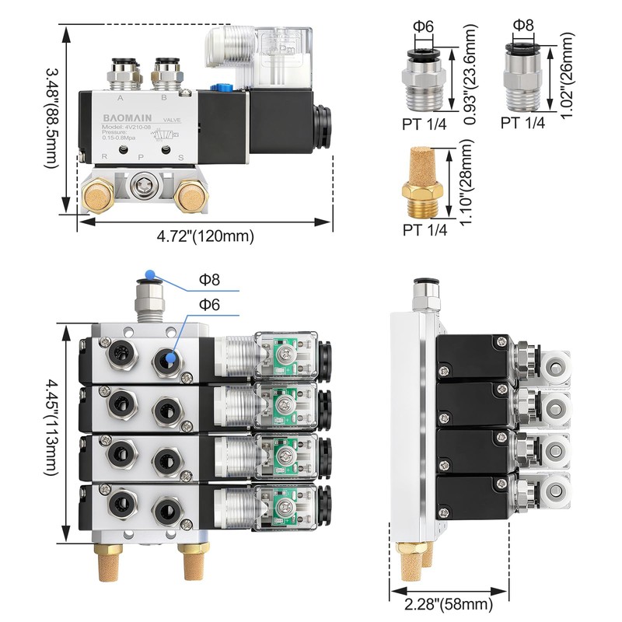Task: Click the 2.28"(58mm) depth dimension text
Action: pyautogui.click(x=448, y=604)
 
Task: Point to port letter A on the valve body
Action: pyautogui.click(x=120, y=99)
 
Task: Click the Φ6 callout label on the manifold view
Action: pyautogui.click(x=209, y=304)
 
